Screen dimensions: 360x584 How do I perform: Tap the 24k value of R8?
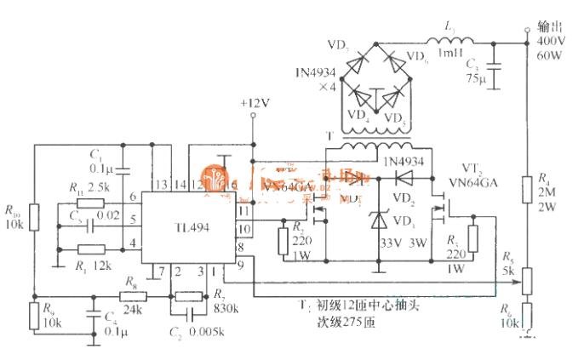pos(131,309)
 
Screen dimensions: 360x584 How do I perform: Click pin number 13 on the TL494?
pos(159,185)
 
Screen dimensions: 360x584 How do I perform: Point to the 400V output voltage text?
pos(549,41)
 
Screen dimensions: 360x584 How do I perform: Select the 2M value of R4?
pos(547,191)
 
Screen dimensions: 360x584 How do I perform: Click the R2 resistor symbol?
pos(283,242)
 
